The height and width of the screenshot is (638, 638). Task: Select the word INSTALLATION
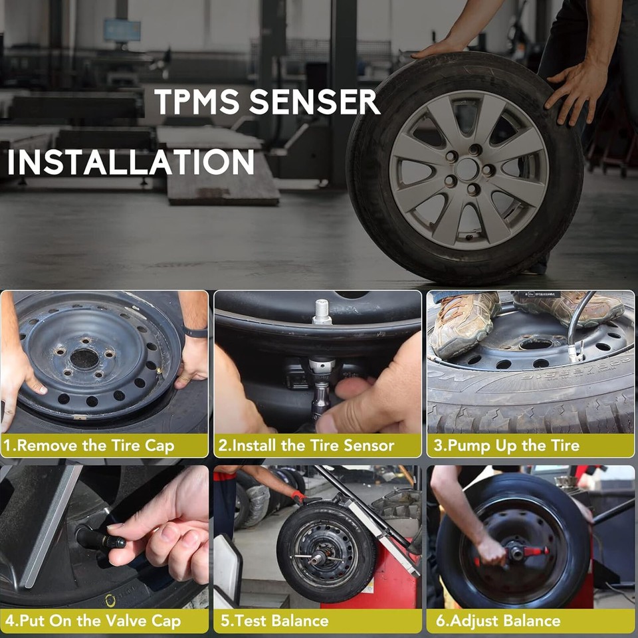(131, 163)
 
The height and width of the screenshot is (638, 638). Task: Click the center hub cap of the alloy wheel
(468, 169)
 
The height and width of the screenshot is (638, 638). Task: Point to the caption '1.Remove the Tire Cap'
(90, 445)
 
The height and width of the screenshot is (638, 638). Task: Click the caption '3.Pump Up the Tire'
(506, 445)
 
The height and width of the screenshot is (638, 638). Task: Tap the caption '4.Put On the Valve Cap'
(93, 621)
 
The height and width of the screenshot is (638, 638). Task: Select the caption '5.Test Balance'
(274, 621)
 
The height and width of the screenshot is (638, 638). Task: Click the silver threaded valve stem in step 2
(322, 311)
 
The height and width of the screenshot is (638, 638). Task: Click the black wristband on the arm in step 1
(195, 332)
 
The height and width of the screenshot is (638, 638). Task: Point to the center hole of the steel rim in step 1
(84, 360)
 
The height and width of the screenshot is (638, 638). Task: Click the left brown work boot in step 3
(463, 322)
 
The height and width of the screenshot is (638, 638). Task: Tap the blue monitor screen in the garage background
(122, 31)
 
